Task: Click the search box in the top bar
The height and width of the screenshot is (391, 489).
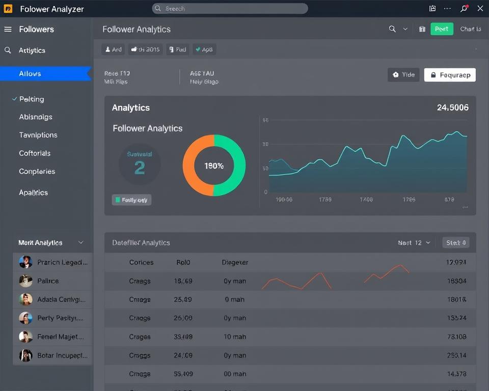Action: click(x=230, y=9)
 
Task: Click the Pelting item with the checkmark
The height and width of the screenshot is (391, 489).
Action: click(x=32, y=99)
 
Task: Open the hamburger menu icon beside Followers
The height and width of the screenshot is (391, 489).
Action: click(x=8, y=30)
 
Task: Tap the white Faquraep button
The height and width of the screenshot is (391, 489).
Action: click(x=450, y=75)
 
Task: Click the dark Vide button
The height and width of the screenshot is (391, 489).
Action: click(x=403, y=75)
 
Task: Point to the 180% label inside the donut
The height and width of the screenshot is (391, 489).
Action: click(x=214, y=166)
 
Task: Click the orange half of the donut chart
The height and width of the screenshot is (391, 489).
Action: click(x=191, y=165)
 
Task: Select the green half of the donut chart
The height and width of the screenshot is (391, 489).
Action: click(x=237, y=165)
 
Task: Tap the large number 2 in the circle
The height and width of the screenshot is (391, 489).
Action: click(x=140, y=167)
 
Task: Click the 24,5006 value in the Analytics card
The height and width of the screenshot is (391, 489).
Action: click(x=452, y=107)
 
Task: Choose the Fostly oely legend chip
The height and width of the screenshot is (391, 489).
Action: click(x=131, y=200)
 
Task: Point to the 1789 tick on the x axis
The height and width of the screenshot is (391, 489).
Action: click(x=325, y=200)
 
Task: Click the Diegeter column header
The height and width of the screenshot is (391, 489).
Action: click(x=235, y=262)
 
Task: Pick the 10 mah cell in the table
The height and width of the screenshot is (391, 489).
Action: click(x=235, y=337)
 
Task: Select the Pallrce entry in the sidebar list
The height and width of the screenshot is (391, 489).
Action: click(x=48, y=281)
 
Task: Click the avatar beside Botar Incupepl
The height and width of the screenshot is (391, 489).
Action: click(x=25, y=355)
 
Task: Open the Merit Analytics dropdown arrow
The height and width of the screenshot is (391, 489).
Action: click(x=80, y=243)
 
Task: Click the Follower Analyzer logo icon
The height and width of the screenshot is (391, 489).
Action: click(x=8, y=9)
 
